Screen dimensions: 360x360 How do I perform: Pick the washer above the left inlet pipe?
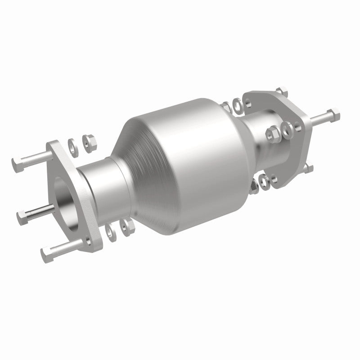pos(72,145)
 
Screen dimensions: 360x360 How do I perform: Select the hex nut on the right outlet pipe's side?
pos(272,133)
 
